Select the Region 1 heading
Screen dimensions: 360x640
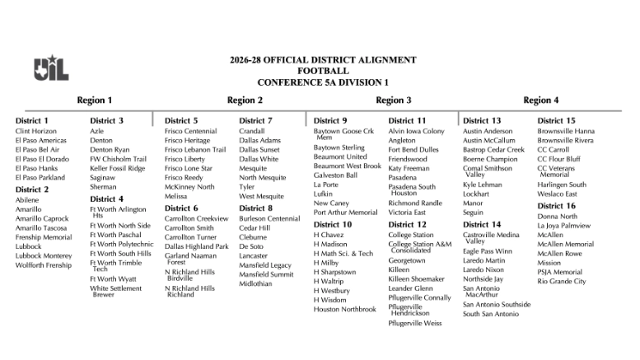tap(95, 101)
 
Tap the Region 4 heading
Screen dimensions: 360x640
tap(541, 101)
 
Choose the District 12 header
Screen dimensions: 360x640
tap(407, 224)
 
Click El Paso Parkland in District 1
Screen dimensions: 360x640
tap(40, 177)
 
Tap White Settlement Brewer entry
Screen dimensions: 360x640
tap(115, 292)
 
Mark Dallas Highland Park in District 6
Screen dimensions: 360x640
tap(196, 246)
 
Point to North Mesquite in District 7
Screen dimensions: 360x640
tap(263, 177)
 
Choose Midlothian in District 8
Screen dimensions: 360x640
tap(255, 283)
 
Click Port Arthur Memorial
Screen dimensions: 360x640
tap(345, 212)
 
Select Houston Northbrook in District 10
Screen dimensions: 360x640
tap(344, 309)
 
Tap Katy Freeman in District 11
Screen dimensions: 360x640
tap(409, 168)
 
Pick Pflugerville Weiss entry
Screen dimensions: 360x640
tap(415, 323)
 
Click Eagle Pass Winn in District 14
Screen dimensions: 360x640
tap(487, 251)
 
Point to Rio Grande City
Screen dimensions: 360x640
tap(562, 282)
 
